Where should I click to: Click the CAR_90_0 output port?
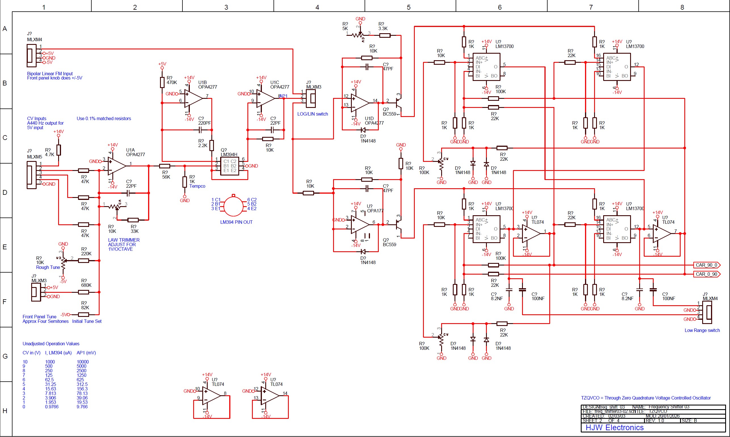[706, 265]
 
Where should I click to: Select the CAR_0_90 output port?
[706, 274]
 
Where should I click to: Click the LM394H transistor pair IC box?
[230, 166]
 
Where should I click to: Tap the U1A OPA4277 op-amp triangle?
[116, 166]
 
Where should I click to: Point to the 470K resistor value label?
[172, 82]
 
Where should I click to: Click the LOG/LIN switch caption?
[312, 114]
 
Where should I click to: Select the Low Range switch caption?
[702, 331]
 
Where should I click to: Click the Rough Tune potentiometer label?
[48, 267]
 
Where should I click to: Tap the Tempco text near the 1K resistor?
[197, 186]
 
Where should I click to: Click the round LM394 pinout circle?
[233, 206]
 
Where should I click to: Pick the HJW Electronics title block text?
[614, 428]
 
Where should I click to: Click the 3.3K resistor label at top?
[383, 29]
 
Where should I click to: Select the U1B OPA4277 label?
[207, 85]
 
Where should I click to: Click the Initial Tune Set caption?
[87, 321]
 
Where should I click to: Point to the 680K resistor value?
[86, 285]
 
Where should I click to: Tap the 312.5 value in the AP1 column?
[82, 384]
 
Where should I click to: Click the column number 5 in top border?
[408, 7]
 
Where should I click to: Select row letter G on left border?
[5, 356]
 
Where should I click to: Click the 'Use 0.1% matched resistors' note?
[104, 118]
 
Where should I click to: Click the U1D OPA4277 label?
[374, 121]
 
